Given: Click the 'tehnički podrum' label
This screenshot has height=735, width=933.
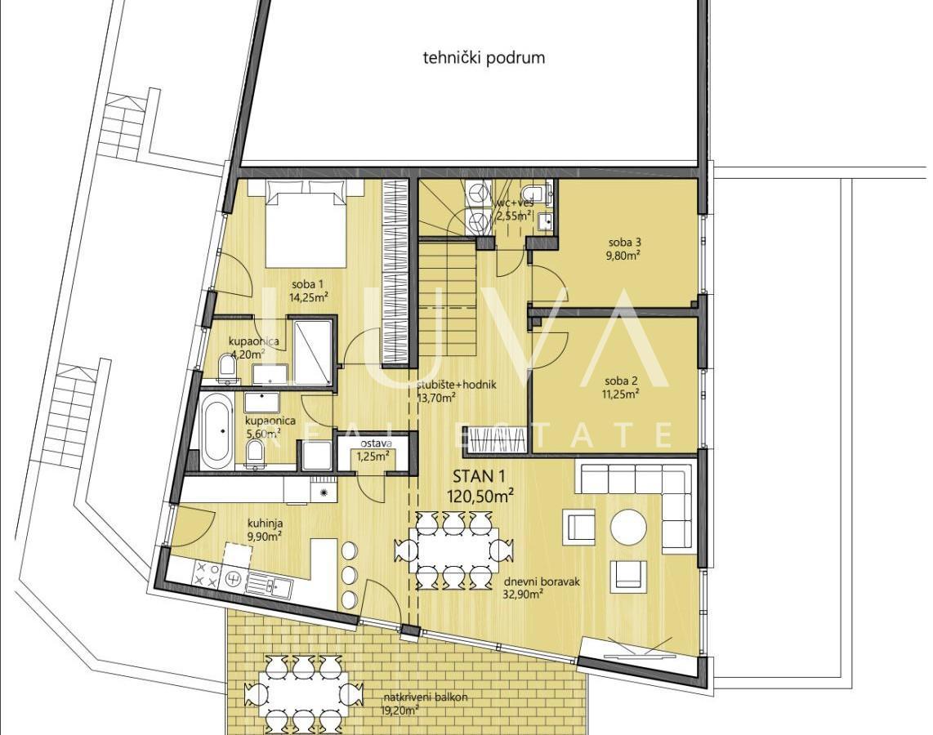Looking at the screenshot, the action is coord(484,58).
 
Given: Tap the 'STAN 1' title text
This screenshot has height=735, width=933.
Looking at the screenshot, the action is coord(479,476).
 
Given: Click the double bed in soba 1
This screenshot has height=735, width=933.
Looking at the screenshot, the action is coord(306,224).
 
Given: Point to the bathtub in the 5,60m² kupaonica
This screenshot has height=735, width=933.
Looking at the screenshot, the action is coord(216,432).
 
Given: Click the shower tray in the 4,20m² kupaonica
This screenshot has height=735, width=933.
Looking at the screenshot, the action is coord(313,352).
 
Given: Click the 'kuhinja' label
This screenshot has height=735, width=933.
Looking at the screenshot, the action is coord(266,524).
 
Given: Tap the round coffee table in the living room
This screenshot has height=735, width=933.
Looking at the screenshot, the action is coord(628,527).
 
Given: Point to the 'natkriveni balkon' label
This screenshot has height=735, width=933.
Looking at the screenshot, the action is coord(426,697).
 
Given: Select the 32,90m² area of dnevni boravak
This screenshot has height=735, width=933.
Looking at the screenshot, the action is coord(522,594).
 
